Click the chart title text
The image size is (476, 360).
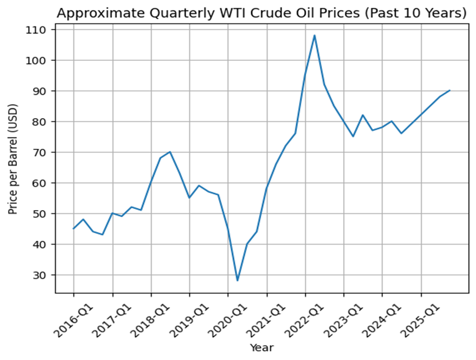point(261,13)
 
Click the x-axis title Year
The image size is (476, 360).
point(261,348)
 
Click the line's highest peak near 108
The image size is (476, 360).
point(315,35)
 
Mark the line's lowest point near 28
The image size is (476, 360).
point(237,281)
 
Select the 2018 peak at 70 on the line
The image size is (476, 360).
point(170,152)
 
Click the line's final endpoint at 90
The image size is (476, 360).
point(450,91)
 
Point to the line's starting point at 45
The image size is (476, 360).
point(74,229)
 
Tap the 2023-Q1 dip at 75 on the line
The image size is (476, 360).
point(353,137)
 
